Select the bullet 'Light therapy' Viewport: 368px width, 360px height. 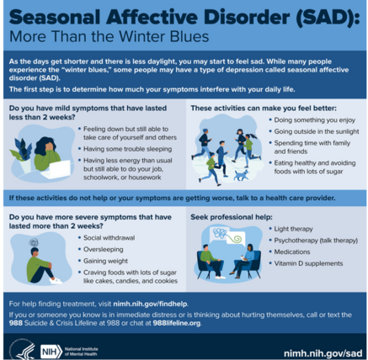click(x=293, y=228)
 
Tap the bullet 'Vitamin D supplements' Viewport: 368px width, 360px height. click(x=306, y=265)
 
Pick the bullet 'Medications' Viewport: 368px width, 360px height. click(x=292, y=252)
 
